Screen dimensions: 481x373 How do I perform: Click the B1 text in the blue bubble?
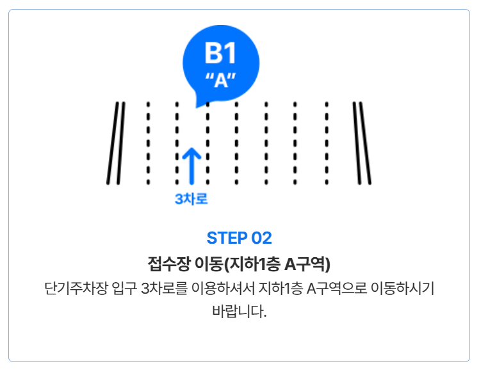[220, 54]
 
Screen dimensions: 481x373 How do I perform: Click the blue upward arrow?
[192, 166]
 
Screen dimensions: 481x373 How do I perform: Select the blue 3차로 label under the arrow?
[192, 199]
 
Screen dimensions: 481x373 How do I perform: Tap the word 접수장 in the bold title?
[165, 264]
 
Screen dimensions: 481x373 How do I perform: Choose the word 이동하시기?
[403, 288]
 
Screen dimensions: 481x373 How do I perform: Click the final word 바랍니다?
[239, 313]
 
